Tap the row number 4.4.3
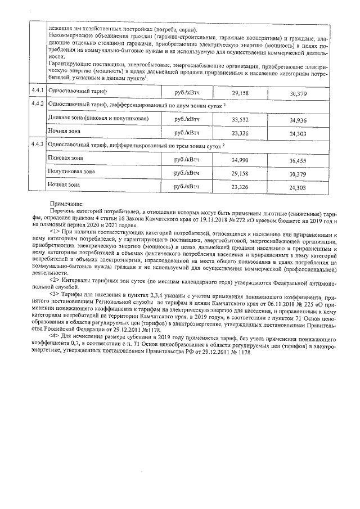click(38, 145)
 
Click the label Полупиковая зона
click(71, 172)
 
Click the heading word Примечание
click(66, 203)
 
